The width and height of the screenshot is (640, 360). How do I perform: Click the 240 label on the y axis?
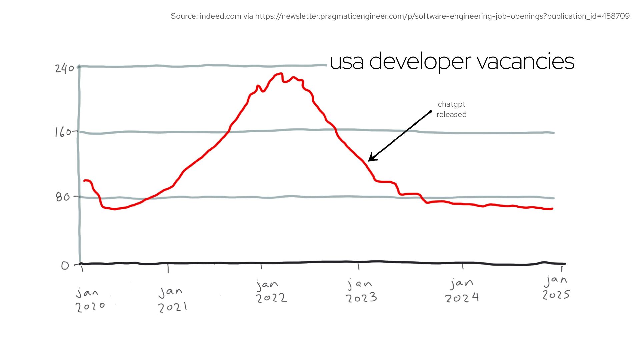point(65,68)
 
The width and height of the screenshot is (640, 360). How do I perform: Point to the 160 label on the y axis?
point(63,132)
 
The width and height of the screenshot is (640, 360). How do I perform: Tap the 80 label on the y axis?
point(63,197)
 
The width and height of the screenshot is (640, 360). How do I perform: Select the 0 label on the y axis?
point(65,265)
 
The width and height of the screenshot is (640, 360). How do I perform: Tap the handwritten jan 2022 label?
point(271,291)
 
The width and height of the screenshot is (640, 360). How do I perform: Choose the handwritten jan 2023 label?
point(361,291)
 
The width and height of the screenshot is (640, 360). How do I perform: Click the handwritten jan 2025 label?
point(556,287)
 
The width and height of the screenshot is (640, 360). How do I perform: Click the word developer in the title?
point(420,62)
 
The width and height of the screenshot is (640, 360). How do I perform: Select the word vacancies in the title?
point(525,62)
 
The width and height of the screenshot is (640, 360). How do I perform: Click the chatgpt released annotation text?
point(451,109)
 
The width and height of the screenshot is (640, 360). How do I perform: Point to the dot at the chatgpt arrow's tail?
point(430,112)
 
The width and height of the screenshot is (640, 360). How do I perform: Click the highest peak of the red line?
point(281,74)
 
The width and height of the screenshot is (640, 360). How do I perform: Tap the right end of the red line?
point(552,209)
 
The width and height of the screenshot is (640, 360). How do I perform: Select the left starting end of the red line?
point(84,181)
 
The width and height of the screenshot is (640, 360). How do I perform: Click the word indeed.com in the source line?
point(220,16)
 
